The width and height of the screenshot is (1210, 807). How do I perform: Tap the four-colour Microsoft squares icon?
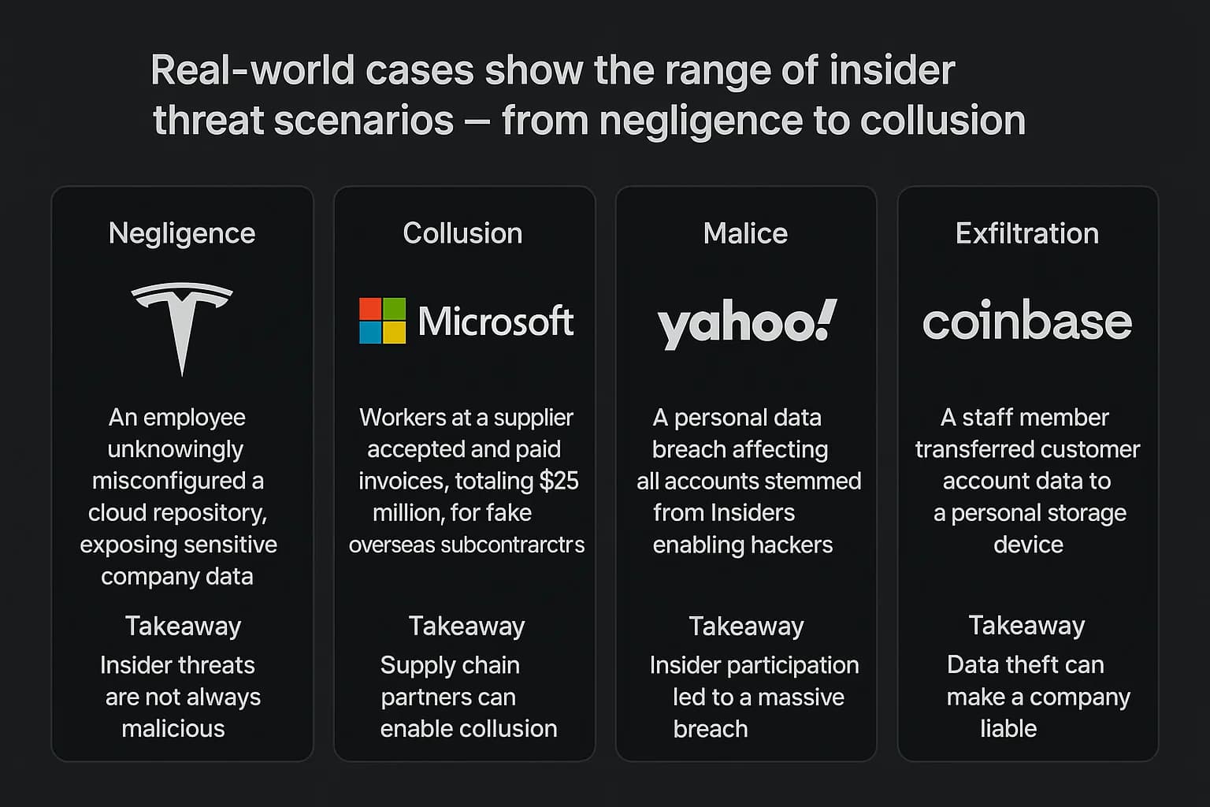(382, 321)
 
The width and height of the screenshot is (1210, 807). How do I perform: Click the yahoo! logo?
(746, 324)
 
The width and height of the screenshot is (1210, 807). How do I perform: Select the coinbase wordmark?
(1027, 322)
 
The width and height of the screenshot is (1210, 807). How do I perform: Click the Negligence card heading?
(182, 233)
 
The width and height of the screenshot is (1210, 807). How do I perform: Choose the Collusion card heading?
(462, 233)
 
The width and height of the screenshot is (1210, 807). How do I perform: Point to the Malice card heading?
(745, 233)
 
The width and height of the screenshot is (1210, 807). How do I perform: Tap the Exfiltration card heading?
(1027, 233)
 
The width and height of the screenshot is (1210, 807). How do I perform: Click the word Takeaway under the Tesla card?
(183, 626)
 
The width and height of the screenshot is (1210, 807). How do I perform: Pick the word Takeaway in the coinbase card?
(1026, 625)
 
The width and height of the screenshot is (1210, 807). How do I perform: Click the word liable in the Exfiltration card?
(1008, 728)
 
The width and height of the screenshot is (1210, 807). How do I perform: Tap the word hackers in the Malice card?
(793, 545)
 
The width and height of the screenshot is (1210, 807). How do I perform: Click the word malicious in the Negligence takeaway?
(173, 728)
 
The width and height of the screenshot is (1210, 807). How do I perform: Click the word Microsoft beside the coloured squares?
(496, 322)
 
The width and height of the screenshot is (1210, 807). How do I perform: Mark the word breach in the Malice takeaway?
(710, 729)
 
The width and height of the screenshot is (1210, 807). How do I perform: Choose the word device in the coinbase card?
(1028, 545)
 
